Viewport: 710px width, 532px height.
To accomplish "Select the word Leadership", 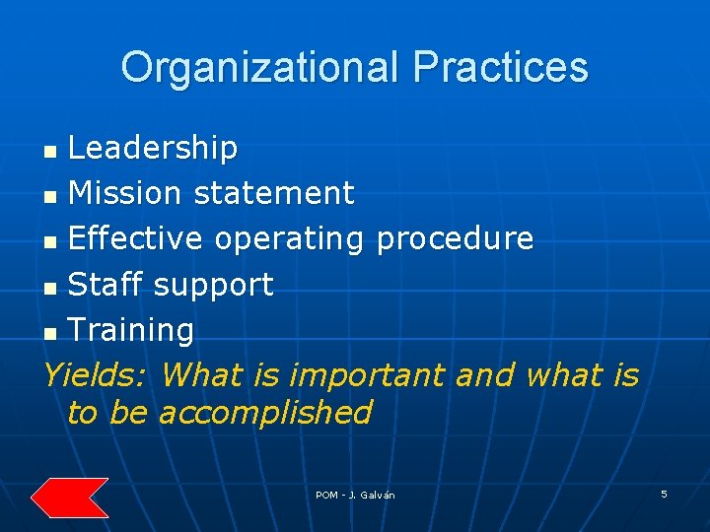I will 153,148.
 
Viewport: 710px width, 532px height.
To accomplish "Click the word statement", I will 273,193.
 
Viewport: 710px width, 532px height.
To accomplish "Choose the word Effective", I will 136,238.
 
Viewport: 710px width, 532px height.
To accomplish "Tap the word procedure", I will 455,239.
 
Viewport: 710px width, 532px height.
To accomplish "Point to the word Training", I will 131,331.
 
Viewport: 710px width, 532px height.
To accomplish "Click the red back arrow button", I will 69,498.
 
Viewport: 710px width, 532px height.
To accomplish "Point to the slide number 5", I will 664,494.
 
